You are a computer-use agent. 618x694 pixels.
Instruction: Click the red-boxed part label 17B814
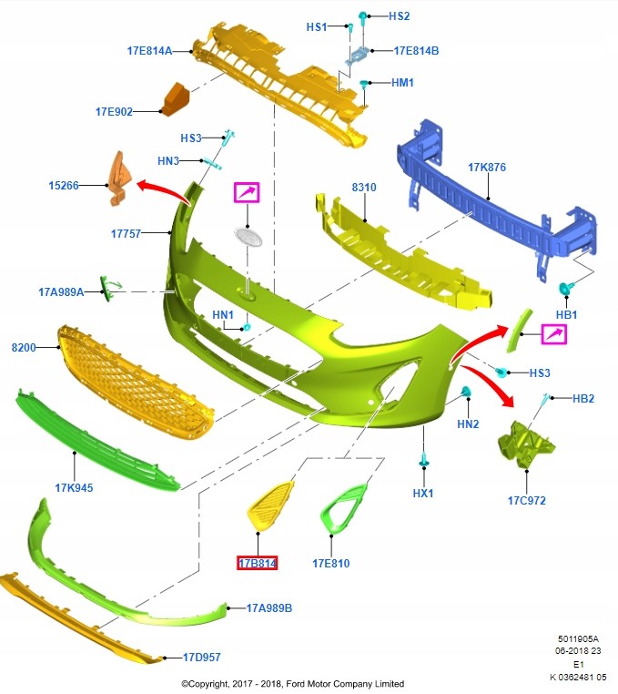click(257, 564)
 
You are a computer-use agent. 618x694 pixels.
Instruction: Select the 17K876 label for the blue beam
click(487, 168)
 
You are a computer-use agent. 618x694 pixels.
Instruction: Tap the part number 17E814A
click(149, 51)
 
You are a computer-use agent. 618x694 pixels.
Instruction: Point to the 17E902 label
click(114, 112)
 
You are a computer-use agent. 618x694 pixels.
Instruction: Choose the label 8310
click(364, 188)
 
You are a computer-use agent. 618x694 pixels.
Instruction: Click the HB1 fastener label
click(566, 314)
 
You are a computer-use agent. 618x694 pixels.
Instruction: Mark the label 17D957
click(201, 657)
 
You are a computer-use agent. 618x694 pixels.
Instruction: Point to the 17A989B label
click(268, 607)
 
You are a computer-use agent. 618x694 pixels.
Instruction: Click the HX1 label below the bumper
click(423, 493)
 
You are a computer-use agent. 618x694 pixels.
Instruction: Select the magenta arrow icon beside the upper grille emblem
click(247, 192)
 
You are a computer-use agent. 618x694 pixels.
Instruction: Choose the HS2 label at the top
click(400, 16)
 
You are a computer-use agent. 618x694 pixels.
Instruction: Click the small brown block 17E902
click(174, 98)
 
